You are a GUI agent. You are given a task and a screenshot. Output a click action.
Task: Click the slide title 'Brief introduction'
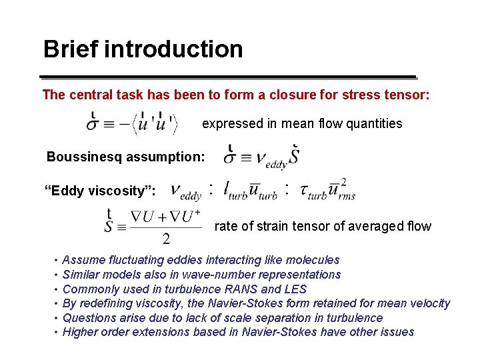pos(143,49)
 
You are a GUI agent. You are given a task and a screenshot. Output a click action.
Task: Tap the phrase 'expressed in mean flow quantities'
pos(302,123)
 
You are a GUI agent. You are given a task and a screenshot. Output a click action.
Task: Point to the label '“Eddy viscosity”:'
pos(100,192)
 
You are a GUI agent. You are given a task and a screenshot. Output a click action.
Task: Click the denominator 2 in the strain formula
pos(165,239)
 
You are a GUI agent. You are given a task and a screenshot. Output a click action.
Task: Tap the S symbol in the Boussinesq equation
pos(295,157)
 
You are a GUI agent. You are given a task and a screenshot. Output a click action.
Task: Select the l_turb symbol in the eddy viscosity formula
pos(234,191)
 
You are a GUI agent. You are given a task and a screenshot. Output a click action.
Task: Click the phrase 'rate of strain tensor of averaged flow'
pos(323,227)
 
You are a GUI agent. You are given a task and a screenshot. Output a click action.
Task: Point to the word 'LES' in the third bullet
pos(295,289)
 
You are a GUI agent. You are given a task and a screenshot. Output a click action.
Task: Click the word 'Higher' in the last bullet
pos(80,332)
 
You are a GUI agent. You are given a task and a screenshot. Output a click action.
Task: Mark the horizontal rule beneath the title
pos(229,76)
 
